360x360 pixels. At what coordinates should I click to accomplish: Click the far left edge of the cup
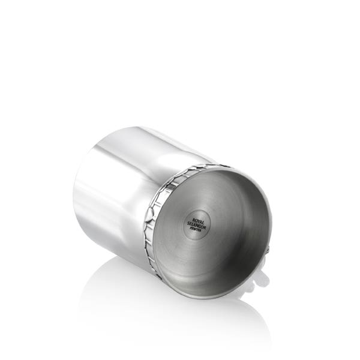(74, 192)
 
